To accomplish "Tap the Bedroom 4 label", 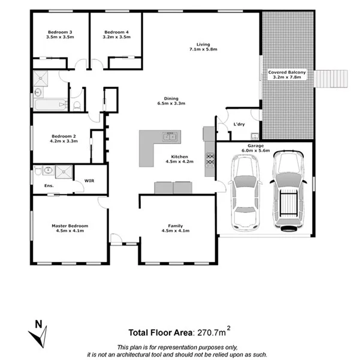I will point(116,32).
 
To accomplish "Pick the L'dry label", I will point(239,124).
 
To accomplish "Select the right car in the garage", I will point(287,191).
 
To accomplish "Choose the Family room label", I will point(176,225).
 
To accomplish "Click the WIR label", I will point(89,180).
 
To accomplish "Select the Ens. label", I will point(49,185).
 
